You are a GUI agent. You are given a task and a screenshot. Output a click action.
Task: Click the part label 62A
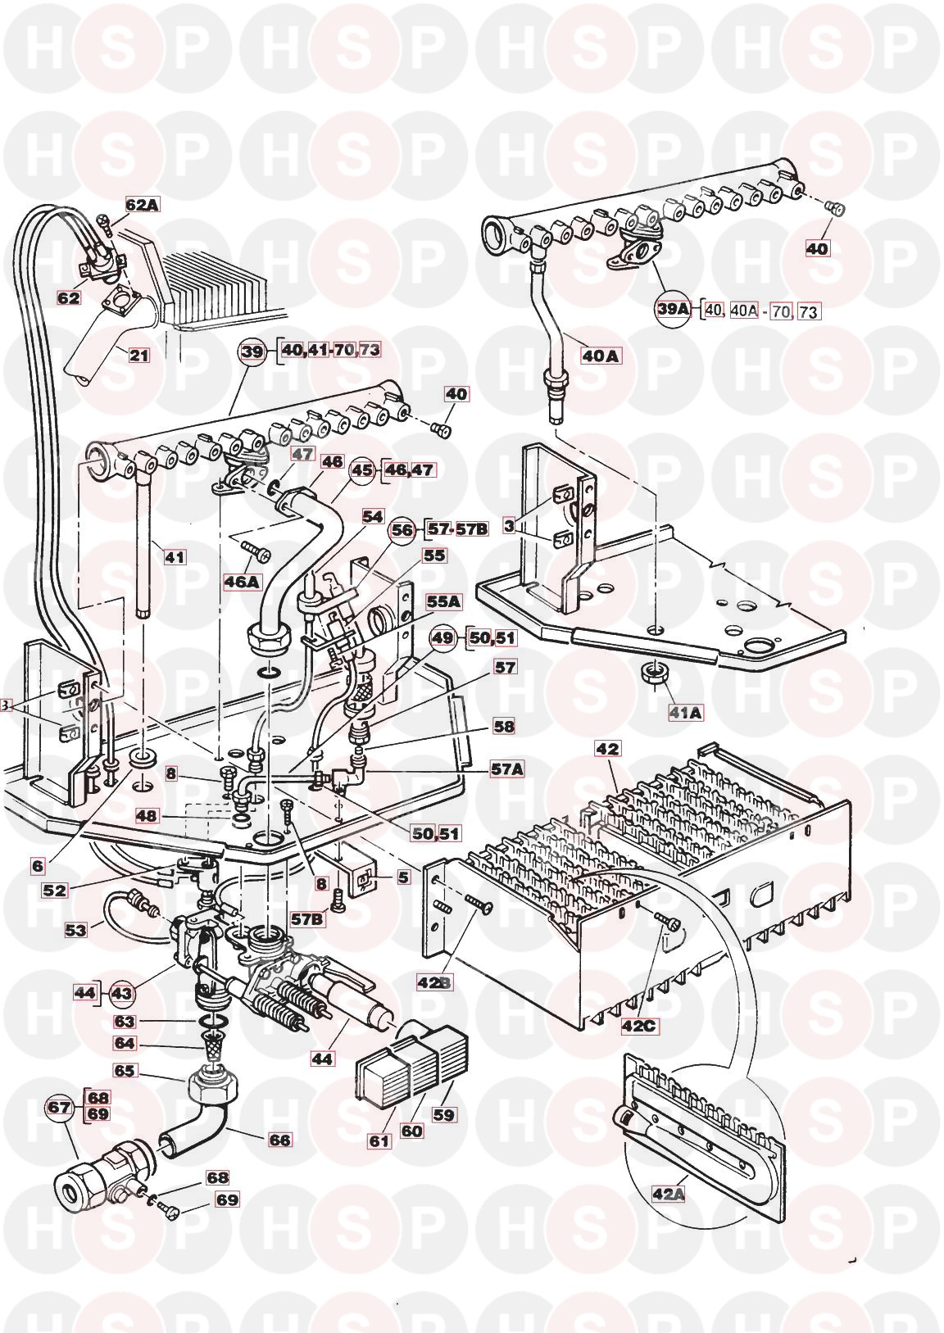point(142,206)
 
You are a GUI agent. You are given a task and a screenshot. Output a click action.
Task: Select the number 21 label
point(139,354)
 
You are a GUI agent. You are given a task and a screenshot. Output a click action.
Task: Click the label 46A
point(242,583)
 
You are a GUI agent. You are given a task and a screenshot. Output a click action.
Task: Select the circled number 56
point(403,529)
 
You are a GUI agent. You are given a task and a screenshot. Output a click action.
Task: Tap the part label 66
point(281,1140)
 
